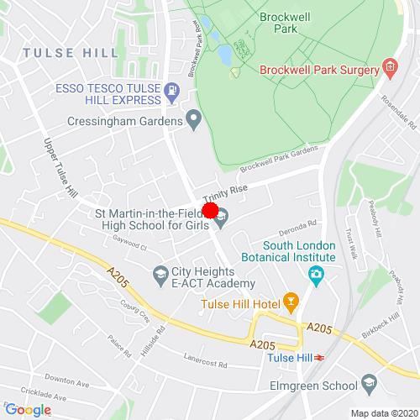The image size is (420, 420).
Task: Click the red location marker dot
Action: [x=210, y=211]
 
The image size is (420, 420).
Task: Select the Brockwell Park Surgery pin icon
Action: [x=389, y=68]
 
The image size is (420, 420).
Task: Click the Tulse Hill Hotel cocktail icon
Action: [x=291, y=301]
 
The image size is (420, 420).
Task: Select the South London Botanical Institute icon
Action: [x=315, y=273]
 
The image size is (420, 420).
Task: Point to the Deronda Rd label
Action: [x=298, y=225]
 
